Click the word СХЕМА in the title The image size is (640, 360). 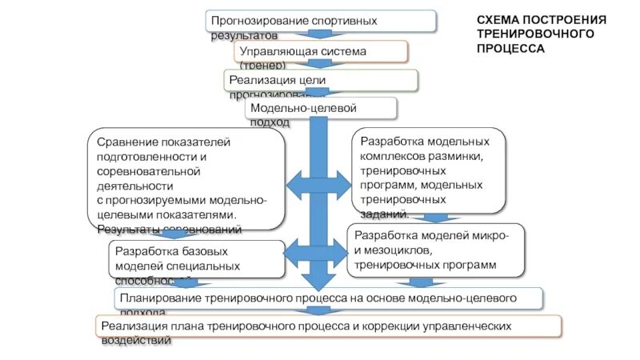click(497, 19)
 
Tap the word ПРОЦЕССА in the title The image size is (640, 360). click(511, 48)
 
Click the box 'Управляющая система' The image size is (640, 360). click(321, 52)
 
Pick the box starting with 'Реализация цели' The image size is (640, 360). click(320, 81)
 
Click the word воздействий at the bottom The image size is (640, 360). click(136, 341)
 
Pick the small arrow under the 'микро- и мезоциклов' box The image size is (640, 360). click(415, 282)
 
